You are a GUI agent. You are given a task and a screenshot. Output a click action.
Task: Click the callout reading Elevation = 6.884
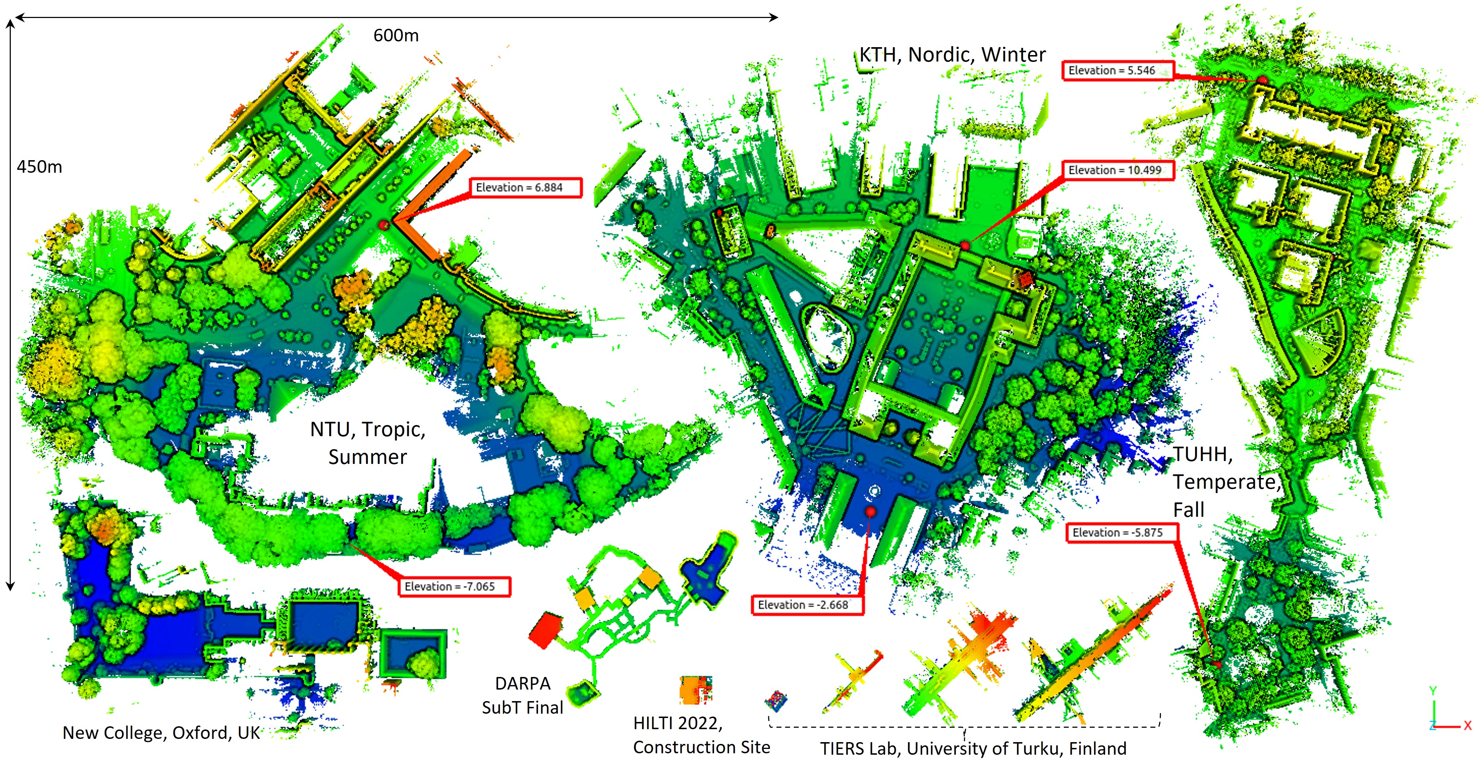click(x=525, y=188)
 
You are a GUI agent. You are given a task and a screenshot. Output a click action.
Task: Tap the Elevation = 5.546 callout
click(x=1117, y=71)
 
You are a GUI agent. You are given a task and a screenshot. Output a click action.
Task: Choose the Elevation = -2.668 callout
click(x=807, y=605)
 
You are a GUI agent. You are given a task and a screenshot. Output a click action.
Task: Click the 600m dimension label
click(x=396, y=36)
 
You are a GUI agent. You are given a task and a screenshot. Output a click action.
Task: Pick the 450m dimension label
click(x=39, y=167)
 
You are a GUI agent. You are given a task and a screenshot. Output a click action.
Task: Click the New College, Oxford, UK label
click(x=161, y=733)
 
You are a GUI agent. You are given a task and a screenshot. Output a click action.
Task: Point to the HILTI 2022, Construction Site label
click(x=701, y=735)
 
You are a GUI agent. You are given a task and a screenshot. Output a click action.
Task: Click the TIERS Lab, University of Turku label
click(x=973, y=749)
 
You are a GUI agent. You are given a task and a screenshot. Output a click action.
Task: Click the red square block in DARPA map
click(x=545, y=629)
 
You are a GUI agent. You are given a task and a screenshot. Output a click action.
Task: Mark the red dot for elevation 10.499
click(x=965, y=246)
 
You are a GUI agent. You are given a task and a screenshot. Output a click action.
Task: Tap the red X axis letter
click(x=1468, y=726)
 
